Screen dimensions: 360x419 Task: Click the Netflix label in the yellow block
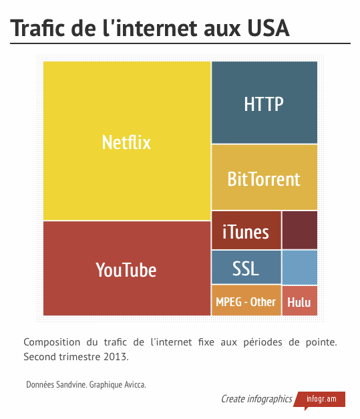coord(126,142)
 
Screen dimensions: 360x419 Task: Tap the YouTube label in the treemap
coord(126,270)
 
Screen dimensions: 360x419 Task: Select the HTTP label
coord(264,104)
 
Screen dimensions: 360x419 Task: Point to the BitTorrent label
coord(264,179)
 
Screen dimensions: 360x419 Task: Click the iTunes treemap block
coord(246,230)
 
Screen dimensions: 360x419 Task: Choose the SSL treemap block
coord(246,267)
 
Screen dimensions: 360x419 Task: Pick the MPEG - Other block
coord(246,301)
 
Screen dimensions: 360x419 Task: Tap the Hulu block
coord(300,301)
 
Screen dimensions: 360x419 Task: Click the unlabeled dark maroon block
coord(300,230)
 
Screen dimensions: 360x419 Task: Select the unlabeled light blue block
coord(300,267)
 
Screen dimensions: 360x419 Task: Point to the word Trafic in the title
coord(37,28)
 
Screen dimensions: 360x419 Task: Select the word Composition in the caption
coord(52,342)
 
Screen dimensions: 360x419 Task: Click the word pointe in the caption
coord(321,342)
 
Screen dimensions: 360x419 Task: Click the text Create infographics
coord(256,399)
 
